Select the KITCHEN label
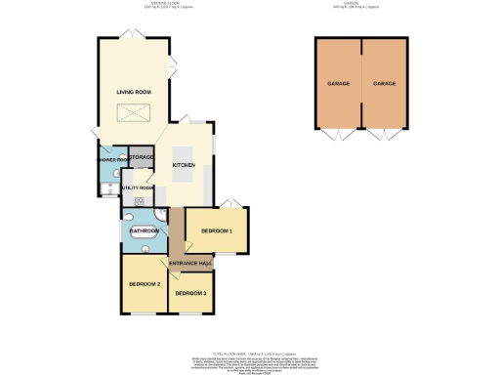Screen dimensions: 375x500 (x=184, y=166)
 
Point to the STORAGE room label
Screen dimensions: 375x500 (x=141, y=157)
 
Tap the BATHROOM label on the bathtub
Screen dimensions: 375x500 (x=144, y=231)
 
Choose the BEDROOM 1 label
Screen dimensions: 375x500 (x=216, y=230)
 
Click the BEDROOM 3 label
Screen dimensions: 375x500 (x=190, y=293)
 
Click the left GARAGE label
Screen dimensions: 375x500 (x=339, y=84)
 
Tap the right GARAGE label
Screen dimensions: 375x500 (x=384, y=84)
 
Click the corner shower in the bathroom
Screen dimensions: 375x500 (x=129, y=215)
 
